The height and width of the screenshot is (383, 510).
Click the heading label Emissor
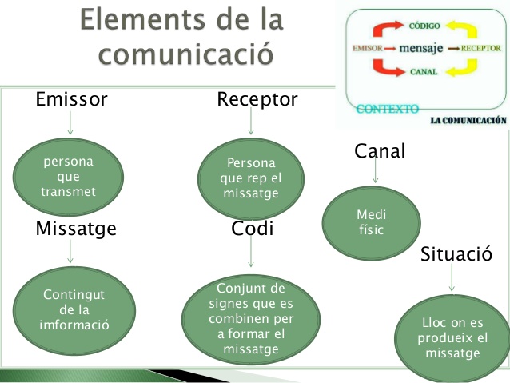71,99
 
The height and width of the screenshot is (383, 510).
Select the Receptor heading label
257,100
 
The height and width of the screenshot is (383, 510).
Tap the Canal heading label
380,150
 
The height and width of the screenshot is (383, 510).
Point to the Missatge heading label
76,229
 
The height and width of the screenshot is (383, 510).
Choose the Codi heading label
252,228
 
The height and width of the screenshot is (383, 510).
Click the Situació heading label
456,253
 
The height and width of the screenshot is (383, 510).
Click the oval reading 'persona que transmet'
68,177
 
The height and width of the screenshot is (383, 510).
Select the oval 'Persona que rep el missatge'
251,178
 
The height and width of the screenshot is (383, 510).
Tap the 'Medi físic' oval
372,223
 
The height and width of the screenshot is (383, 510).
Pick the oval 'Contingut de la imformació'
74,310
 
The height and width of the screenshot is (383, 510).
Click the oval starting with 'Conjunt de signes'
251,319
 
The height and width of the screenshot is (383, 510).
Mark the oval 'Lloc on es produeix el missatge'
452,337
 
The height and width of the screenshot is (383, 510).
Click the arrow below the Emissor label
70,122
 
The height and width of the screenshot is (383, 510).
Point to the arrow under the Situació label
452,277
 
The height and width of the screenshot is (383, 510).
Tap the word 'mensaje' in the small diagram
421,48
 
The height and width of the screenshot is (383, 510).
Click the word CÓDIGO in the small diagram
424,26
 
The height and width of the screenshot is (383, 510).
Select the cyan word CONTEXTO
388,109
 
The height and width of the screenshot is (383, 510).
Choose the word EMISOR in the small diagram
368,48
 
